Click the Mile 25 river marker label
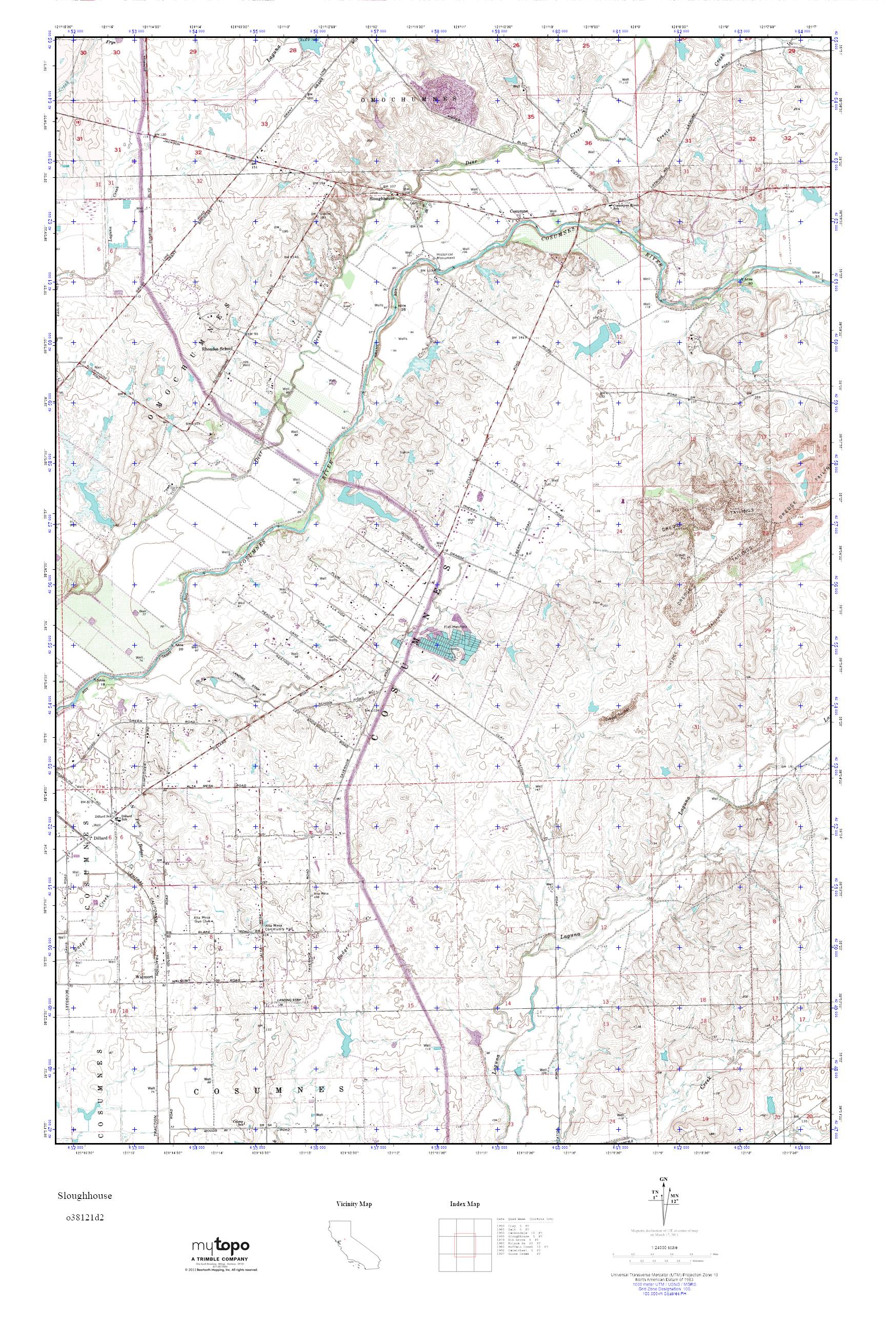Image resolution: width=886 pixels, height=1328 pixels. [x=403, y=308]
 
